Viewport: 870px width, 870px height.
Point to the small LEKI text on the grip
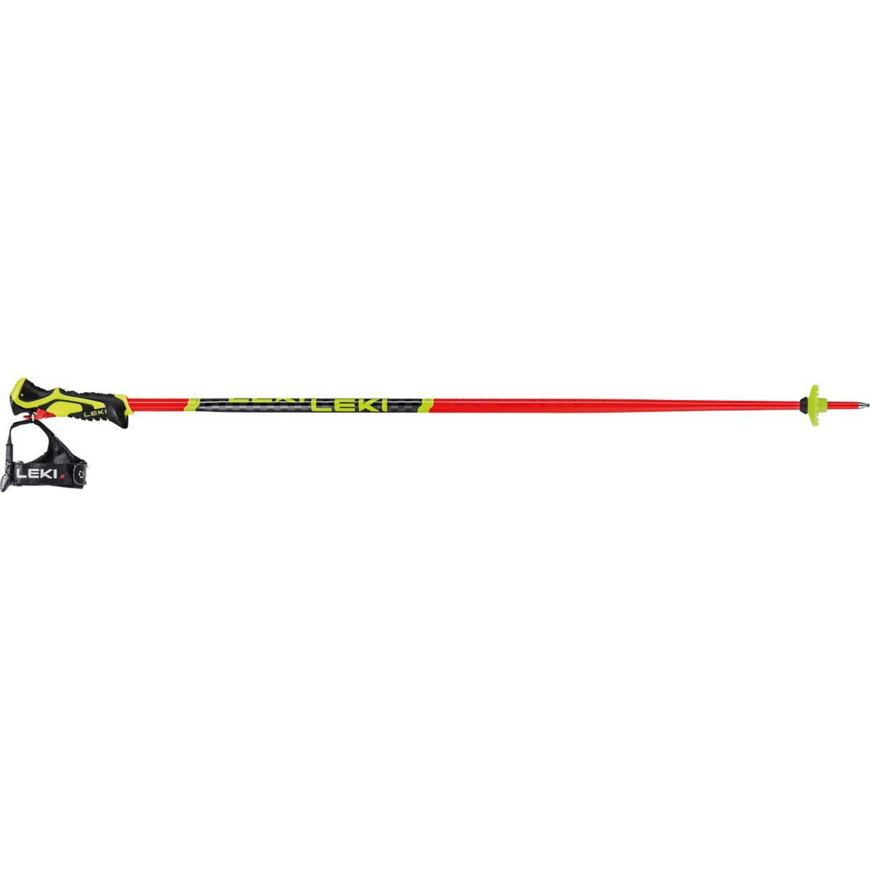coord(93,414)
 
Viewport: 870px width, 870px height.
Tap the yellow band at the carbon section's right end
coord(426,405)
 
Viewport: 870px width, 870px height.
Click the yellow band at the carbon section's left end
coord(193,405)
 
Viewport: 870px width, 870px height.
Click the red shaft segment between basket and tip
coord(841,404)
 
